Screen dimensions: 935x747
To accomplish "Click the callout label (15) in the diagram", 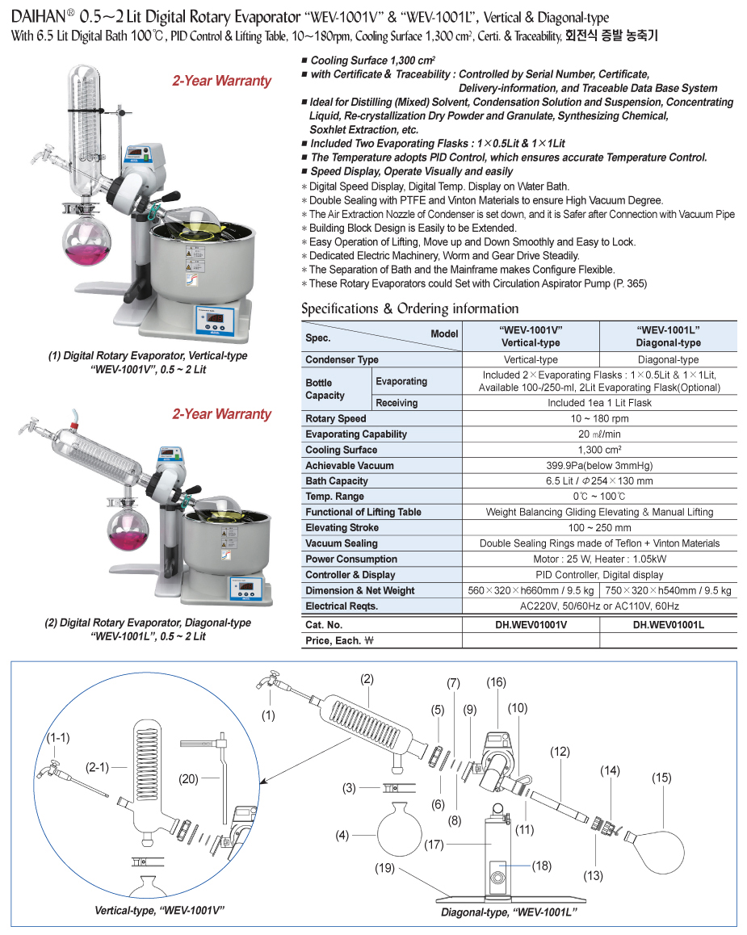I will [x=662, y=778].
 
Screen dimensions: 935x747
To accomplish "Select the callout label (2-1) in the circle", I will [x=99, y=767].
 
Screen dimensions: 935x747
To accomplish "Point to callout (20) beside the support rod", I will [x=189, y=778].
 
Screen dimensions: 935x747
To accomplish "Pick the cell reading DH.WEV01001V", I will [x=530, y=624].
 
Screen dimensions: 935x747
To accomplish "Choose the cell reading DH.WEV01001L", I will [x=668, y=624].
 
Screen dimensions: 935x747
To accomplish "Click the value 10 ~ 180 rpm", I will [x=599, y=418].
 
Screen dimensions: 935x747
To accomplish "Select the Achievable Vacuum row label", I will [x=350, y=465].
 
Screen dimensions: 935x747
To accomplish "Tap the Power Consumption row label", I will [x=351, y=559].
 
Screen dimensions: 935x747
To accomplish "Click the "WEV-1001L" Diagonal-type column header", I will [x=668, y=336].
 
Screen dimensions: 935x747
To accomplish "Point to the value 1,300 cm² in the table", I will [x=599, y=450].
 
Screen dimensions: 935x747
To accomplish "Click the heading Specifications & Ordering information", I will [x=409, y=308].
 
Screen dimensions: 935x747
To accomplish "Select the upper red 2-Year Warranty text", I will [x=221, y=81].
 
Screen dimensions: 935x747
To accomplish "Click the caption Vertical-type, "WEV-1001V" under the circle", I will [x=159, y=910].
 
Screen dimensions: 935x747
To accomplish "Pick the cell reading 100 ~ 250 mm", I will [x=599, y=527].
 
